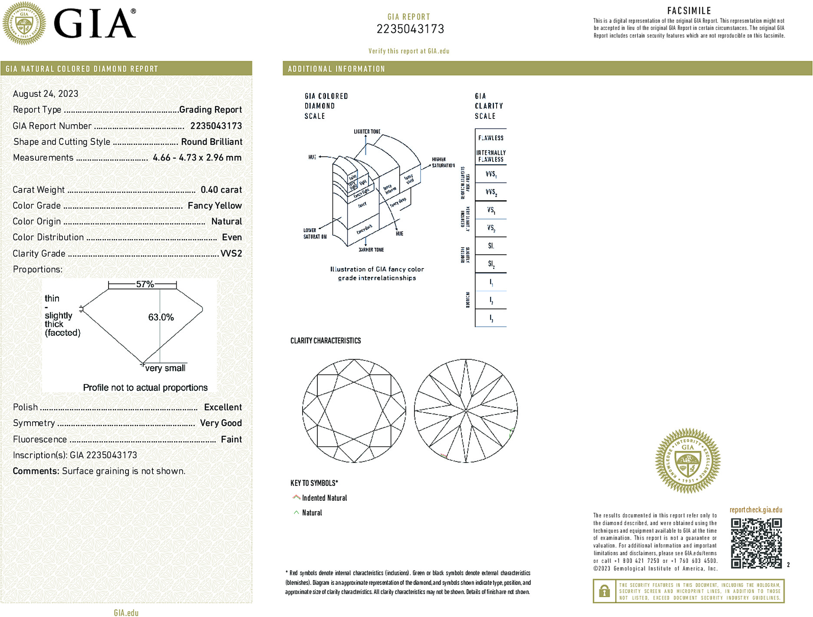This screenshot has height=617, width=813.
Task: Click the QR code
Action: (756, 543)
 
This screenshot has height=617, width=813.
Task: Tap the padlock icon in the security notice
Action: (604, 591)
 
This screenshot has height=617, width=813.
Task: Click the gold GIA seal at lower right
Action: (688, 460)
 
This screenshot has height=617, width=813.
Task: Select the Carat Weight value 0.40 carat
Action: (221, 190)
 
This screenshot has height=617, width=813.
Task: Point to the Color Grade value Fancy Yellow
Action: (214, 206)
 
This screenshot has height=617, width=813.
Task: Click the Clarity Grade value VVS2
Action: (231, 253)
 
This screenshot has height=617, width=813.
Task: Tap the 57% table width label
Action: (145, 284)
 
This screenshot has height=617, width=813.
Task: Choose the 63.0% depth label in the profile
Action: (161, 317)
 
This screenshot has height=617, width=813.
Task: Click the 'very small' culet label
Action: (165, 368)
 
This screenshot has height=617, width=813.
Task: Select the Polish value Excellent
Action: (223, 407)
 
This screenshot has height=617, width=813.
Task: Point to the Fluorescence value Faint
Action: (231, 439)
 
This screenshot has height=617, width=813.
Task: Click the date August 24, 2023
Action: (46, 94)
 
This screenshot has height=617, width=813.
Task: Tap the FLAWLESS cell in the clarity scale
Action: (490, 138)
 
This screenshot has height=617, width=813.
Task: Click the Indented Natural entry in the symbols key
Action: (324, 498)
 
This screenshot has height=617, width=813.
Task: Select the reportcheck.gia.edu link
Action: (756, 510)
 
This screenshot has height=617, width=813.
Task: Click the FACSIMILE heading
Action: (689, 11)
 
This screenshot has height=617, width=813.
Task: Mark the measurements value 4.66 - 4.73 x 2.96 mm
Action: (197, 158)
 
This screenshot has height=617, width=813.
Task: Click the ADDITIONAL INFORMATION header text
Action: (336, 69)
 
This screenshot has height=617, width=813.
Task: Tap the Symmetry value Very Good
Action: (221, 423)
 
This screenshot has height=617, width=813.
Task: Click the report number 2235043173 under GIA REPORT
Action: (410, 29)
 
